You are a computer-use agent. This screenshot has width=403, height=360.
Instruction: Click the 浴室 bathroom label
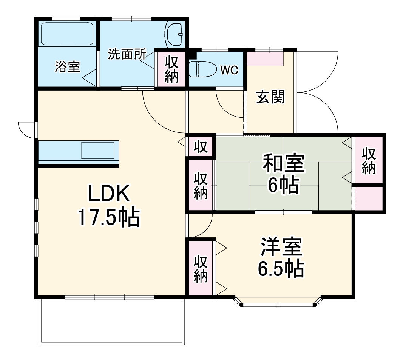click(67, 67)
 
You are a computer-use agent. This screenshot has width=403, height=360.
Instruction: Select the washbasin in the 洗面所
click(174, 34)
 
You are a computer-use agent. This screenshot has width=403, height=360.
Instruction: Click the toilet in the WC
click(200, 69)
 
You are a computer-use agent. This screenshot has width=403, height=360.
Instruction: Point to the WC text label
click(229, 70)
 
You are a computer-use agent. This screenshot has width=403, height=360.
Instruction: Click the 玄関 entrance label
click(270, 97)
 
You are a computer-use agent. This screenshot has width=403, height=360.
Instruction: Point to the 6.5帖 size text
click(281, 268)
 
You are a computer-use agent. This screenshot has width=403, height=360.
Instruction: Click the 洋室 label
click(281, 247)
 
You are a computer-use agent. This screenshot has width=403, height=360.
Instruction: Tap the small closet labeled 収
click(201, 147)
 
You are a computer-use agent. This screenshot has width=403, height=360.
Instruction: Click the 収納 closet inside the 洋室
click(201, 269)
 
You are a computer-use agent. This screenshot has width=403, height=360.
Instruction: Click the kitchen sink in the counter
click(98, 151)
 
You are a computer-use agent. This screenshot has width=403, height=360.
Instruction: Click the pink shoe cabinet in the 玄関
click(265, 58)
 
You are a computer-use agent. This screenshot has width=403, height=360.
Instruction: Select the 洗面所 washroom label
click(127, 54)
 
